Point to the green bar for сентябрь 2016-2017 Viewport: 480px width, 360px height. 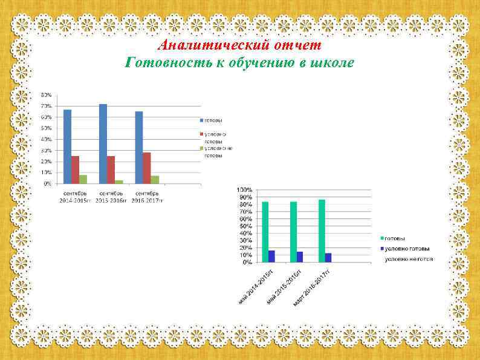(155, 179)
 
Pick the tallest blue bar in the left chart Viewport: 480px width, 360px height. (103, 143)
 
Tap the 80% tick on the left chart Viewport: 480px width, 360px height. (46, 95)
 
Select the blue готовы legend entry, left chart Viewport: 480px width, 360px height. (212, 120)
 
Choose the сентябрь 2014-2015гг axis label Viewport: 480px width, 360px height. (75, 196)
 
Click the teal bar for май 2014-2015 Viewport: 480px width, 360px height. (265, 232)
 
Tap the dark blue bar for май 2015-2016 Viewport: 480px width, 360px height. (300, 257)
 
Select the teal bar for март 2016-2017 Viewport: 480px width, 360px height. (321, 231)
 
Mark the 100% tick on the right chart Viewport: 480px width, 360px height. (245, 190)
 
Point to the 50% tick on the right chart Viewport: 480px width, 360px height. (246, 226)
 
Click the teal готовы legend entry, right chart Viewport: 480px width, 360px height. (395, 238)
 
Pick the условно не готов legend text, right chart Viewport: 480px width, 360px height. (409, 259)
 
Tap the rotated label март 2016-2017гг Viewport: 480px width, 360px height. (311, 287)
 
